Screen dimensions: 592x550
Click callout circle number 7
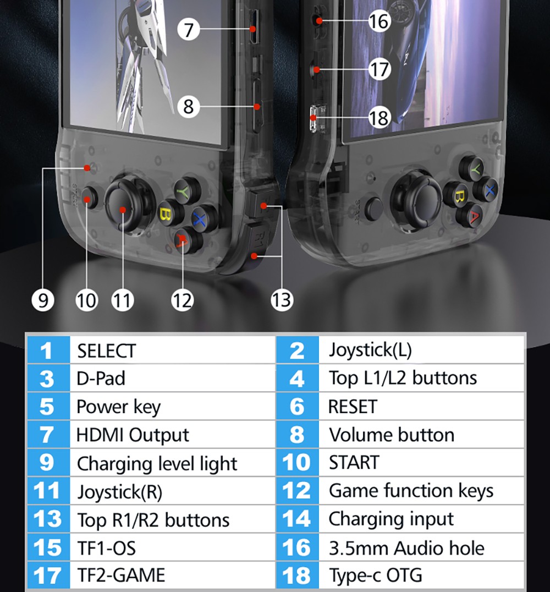pyautogui.click(x=189, y=29)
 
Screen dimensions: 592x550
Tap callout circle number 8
pyautogui.click(x=189, y=105)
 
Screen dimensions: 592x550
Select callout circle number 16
pyautogui.click(x=379, y=21)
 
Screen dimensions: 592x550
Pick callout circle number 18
pyautogui.click(x=379, y=117)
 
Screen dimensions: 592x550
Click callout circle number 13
pyautogui.click(x=281, y=300)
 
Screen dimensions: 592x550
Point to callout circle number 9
pyautogui.click(x=43, y=300)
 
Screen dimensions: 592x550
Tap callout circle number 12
pyautogui.click(x=182, y=300)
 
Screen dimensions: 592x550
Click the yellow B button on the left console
pyautogui.click(x=164, y=212)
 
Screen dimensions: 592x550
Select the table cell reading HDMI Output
pyautogui.click(x=133, y=435)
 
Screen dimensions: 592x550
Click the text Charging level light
pyautogui.click(x=157, y=463)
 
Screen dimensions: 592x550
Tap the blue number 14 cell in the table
pyautogui.click(x=296, y=519)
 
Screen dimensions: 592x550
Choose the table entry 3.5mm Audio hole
pyautogui.click(x=406, y=548)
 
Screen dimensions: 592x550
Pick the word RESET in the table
pyautogui.click(x=353, y=407)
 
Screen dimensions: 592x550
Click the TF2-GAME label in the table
pyautogui.click(x=120, y=575)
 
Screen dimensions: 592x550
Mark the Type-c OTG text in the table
pyautogui.click(x=376, y=575)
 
